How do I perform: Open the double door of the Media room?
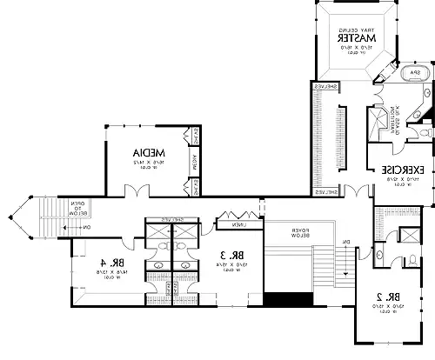click(x=135, y=190)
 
